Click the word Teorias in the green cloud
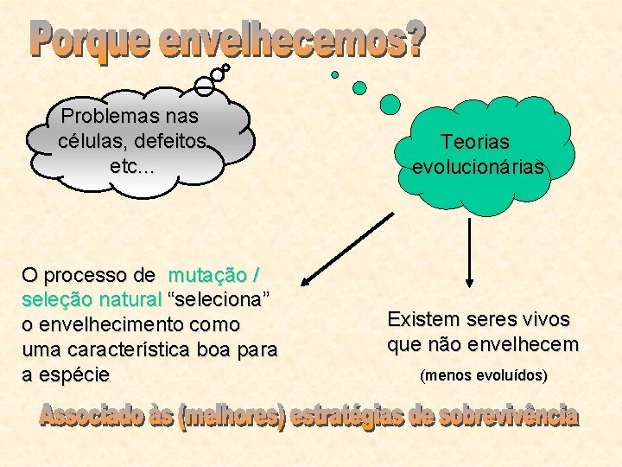coord(475,141)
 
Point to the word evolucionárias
coord(479,167)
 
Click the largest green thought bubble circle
coord(390,105)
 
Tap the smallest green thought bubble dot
coord(335,74)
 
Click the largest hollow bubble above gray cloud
coord(204,85)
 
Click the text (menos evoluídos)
coord(483,376)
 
